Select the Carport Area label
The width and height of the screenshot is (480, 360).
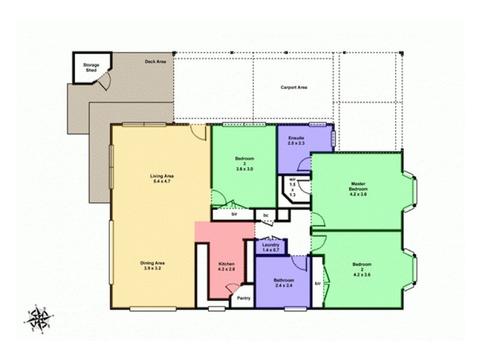[x=294, y=88]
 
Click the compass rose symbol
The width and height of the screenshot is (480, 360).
[x=38, y=316]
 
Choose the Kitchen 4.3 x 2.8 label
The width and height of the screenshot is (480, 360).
[x=226, y=267]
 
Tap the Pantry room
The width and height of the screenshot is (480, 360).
[x=244, y=298]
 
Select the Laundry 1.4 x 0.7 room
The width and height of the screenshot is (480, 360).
[x=271, y=247]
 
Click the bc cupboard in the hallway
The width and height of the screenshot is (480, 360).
[x=265, y=214]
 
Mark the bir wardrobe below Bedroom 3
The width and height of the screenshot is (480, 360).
[x=233, y=214]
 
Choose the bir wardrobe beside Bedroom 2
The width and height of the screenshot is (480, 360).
[x=317, y=282]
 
